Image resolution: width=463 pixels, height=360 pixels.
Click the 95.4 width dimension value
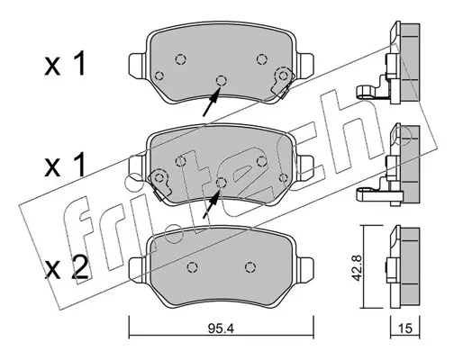221,329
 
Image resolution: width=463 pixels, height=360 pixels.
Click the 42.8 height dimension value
357,267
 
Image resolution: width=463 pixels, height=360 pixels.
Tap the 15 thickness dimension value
405,329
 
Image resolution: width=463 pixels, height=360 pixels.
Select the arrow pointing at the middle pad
211,204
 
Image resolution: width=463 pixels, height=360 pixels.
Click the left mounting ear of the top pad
137,65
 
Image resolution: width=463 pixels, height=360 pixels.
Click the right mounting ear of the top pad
305,65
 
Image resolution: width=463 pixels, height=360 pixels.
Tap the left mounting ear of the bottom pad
137,270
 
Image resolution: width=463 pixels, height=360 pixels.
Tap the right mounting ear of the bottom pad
305,270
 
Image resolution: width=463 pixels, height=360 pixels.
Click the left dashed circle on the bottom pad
192,267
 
